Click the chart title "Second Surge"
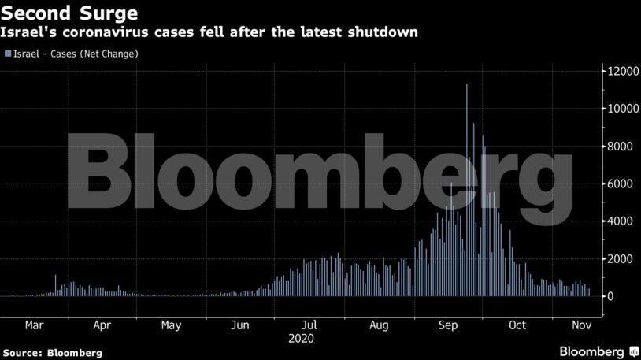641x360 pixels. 71,13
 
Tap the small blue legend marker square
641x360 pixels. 8,54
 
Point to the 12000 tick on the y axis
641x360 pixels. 618,72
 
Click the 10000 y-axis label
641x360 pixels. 618,109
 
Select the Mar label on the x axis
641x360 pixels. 34,325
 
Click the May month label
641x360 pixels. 171,325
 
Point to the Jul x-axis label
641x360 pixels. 309,325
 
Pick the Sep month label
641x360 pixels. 448,325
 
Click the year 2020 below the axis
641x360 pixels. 302,339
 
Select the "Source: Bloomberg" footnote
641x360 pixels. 52,353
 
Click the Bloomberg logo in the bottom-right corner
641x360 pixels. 598,351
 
